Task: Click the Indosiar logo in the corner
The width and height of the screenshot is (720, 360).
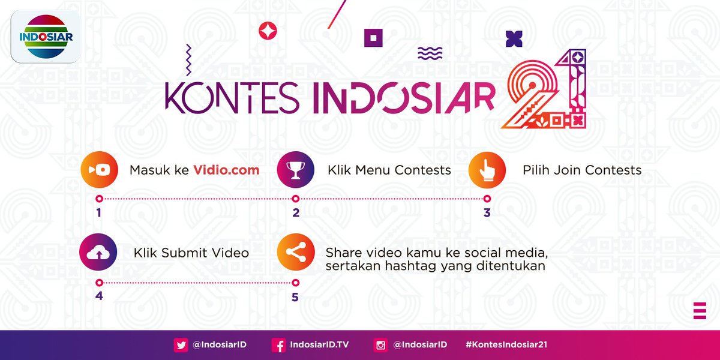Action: coord(46,36)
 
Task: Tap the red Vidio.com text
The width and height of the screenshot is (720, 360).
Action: coord(226,170)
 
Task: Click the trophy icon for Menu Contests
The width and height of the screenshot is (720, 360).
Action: coord(295,170)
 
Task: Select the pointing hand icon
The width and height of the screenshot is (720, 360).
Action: coord(487,170)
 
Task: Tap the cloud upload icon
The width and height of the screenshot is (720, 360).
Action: coord(98,253)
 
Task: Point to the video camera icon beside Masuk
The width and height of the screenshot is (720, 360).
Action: coord(98,170)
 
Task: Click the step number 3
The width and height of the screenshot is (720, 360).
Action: coord(487,213)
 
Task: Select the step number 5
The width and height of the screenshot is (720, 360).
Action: coord(295,297)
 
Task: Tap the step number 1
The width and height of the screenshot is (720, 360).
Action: coord(98,213)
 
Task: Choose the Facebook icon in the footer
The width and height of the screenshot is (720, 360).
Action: coord(278,345)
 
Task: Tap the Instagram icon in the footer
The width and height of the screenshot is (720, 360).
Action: coord(380,345)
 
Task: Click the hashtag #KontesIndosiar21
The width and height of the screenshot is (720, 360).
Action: coord(506,345)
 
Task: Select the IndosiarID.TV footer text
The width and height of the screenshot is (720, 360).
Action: coord(319,345)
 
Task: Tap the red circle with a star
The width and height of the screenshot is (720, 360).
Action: coord(267,31)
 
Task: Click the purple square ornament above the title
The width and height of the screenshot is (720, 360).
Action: coord(373,37)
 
